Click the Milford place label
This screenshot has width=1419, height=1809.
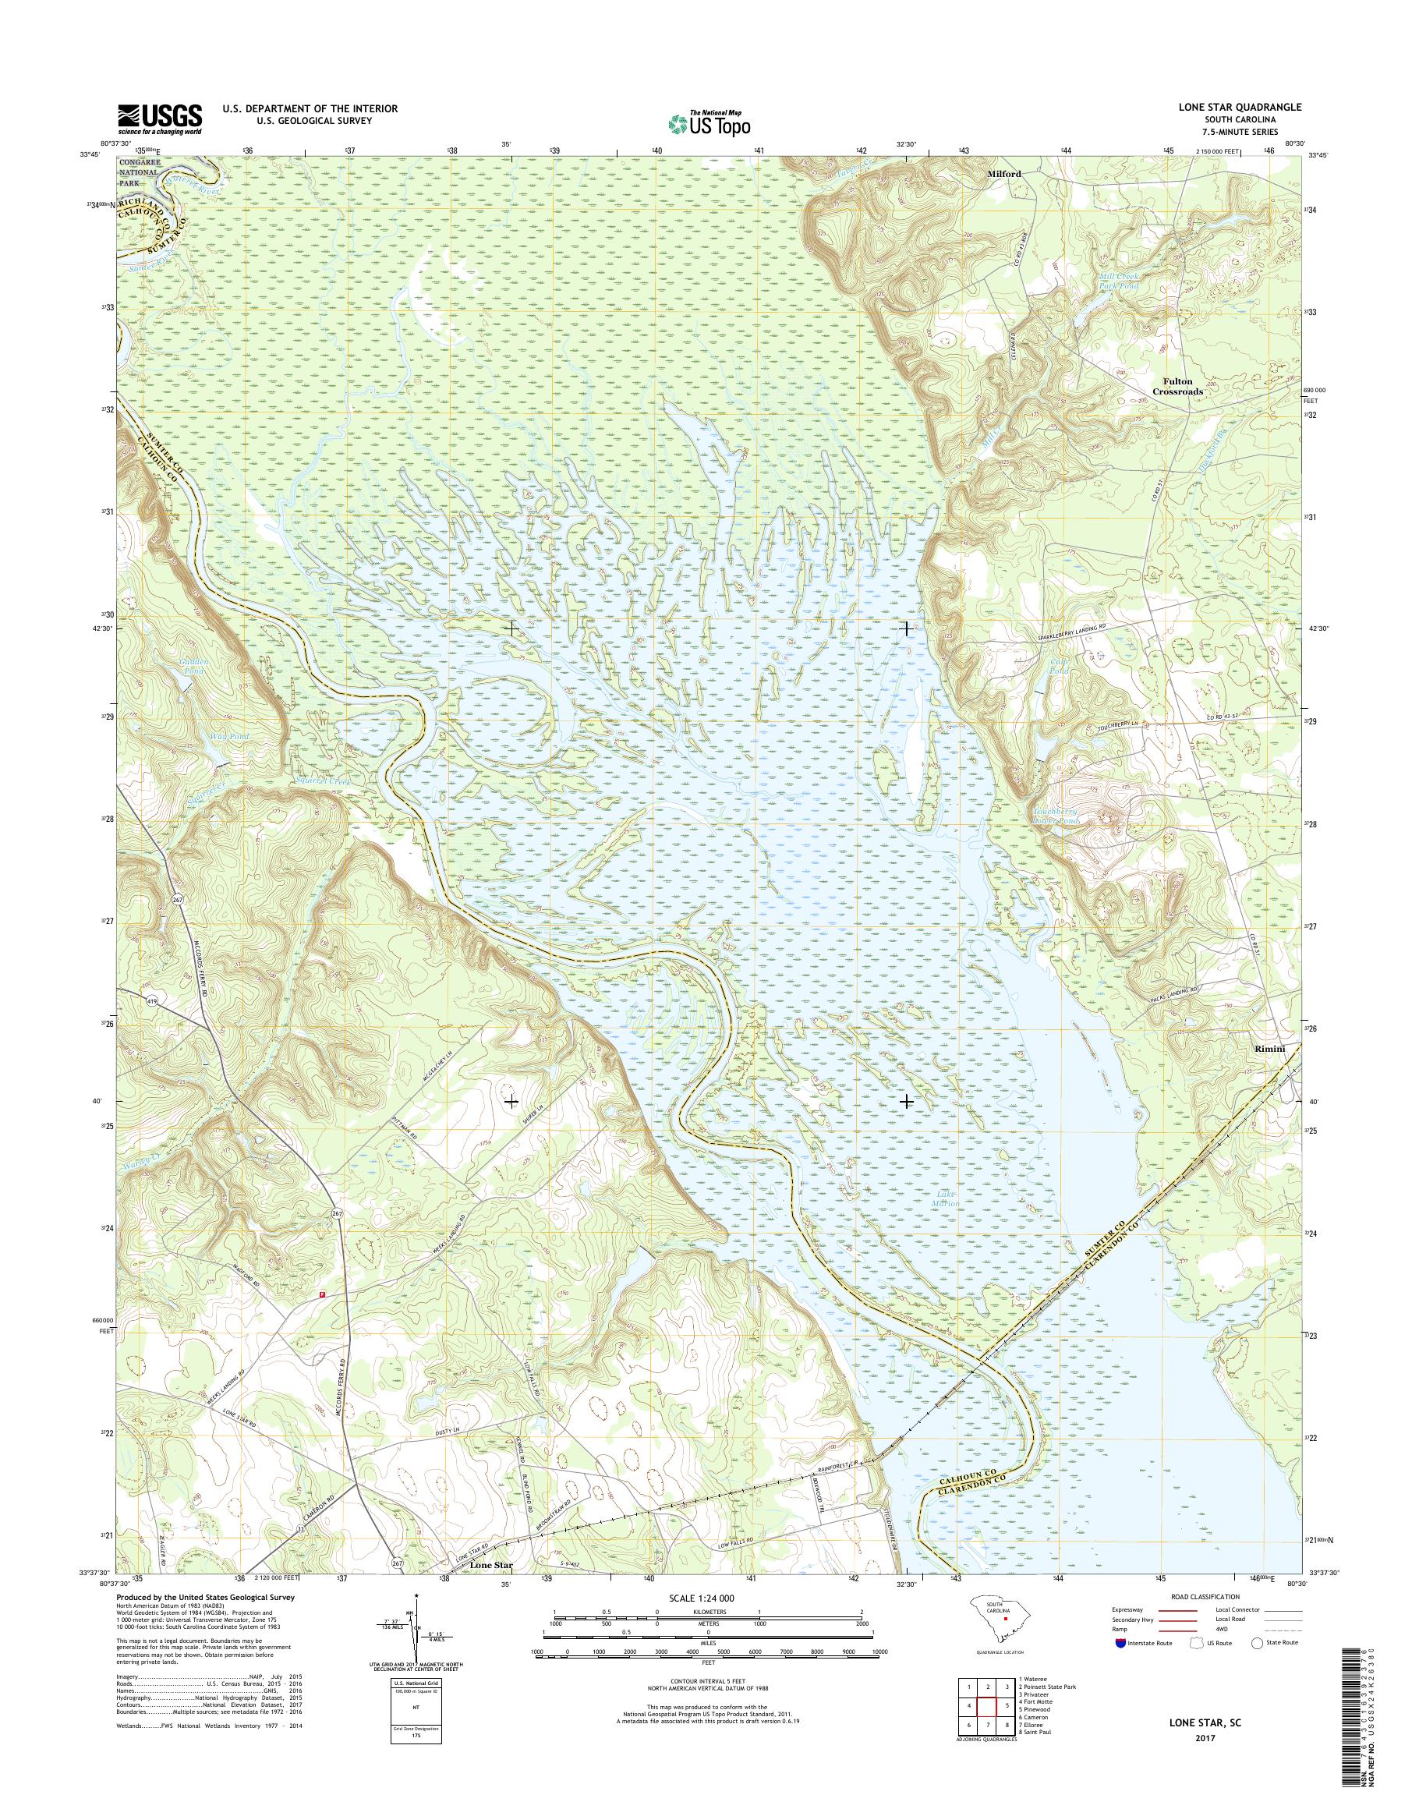pyautogui.click(x=1003, y=174)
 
